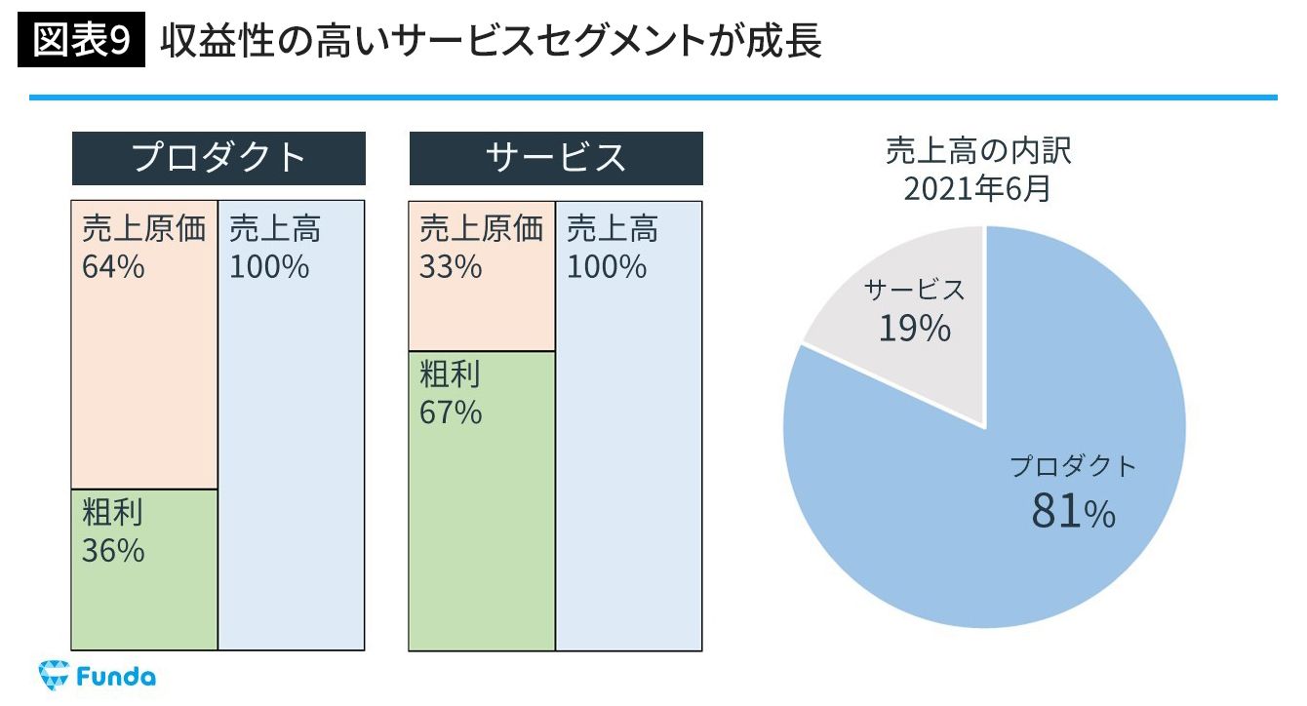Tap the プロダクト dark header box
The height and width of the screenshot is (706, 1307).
point(218,158)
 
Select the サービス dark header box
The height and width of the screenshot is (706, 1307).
point(556,158)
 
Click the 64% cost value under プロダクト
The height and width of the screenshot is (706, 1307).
point(113,266)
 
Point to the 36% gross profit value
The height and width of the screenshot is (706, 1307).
point(113,551)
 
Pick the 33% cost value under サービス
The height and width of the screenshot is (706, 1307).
point(451,266)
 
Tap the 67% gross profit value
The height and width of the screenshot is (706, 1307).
point(451,412)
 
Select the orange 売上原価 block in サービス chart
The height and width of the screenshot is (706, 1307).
point(482,312)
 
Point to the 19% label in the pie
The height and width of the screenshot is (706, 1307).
point(914,330)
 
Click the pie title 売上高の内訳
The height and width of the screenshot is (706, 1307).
point(978,152)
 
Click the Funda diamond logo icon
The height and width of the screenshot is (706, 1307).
point(52,676)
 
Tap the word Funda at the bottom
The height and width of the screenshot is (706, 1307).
point(116,677)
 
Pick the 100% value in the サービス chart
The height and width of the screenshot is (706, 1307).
point(607,266)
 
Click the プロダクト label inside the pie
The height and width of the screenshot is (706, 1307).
point(1073,466)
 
